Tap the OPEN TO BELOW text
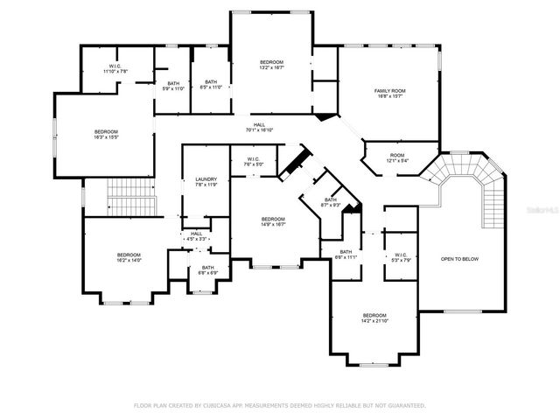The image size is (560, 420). [x=459, y=259]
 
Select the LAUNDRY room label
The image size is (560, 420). [x=206, y=181]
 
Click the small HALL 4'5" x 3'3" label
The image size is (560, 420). [x=196, y=235]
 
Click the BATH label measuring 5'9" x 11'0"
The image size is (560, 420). [x=173, y=86]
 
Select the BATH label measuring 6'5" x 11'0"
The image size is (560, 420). [x=210, y=85]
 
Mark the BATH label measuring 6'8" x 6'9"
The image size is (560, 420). [x=207, y=269]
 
